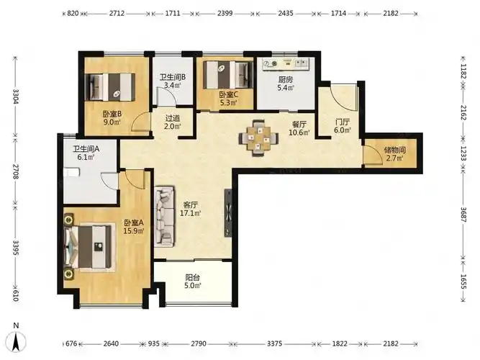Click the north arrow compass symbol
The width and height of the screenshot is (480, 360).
(17, 341)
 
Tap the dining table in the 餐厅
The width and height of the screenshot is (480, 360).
(258, 138)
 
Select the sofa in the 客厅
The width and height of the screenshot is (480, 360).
(164, 216)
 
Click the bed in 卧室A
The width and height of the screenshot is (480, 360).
(89, 247)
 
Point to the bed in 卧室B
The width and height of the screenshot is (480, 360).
(110, 86)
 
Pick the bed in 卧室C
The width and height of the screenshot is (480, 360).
(228, 75)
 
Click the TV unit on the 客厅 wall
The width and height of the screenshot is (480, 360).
(228, 212)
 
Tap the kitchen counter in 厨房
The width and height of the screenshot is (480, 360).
(286, 64)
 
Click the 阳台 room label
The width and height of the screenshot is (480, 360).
(193, 278)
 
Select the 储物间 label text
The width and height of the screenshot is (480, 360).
(394, 150)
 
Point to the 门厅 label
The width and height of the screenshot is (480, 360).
(342, 122)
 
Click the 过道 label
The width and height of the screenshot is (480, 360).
(173, 118)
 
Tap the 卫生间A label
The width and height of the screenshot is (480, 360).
(86, 149)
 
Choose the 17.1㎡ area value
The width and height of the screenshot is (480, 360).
(190, 213)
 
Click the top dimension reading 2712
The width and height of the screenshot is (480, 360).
(117, 13)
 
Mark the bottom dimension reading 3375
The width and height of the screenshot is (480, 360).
(274, 343)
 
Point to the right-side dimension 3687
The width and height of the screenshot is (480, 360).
(463, 215)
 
